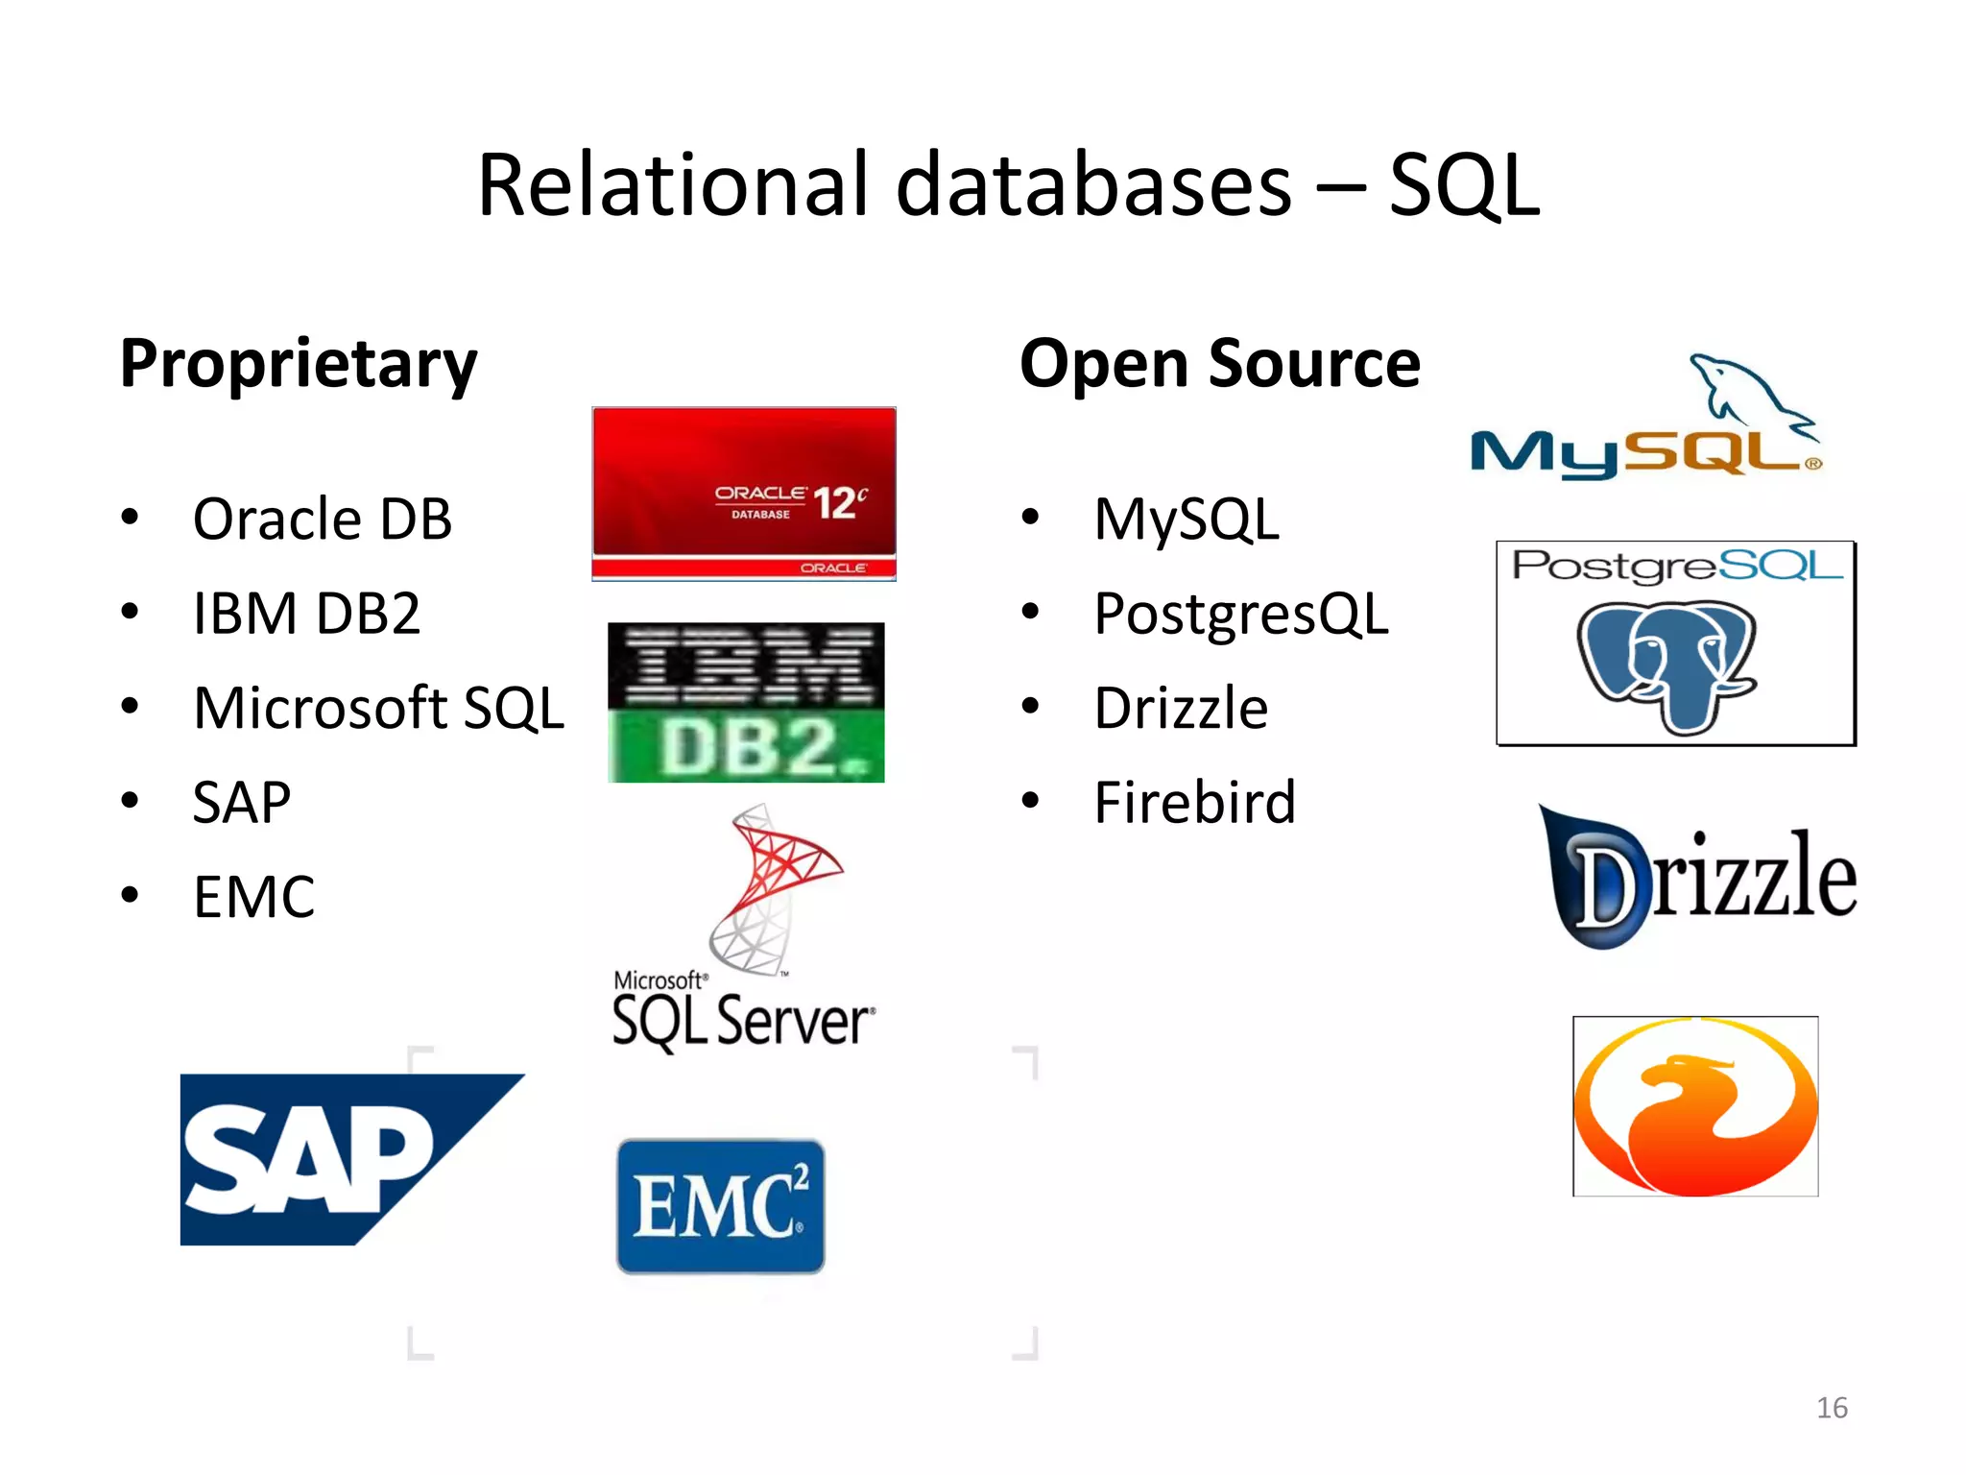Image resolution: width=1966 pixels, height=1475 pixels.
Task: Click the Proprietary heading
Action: [x=298, y=364]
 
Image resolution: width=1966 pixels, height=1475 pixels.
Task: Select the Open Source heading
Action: [x=1219, y=364]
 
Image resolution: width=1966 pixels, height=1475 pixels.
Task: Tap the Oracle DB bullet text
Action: [x=322, y=520]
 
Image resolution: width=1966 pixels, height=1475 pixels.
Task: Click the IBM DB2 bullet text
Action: [x=306, y=614]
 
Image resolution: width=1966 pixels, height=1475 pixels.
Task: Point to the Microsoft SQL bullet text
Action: [x=378, y=709]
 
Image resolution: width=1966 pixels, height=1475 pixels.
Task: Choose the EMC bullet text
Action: [x=253, y=897]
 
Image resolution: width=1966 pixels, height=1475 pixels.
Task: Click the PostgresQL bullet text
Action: [x=1240, y=614]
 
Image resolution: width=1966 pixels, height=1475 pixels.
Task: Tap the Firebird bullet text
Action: [x=1194, y=803]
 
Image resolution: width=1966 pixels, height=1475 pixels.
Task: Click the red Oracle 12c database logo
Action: [x=744, y=494]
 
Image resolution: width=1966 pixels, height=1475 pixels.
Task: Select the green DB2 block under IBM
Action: [x=746, y=746]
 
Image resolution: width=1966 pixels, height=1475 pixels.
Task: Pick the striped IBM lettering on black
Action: [x=746, y=665]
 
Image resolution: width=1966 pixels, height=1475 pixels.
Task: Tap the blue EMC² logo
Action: [x=720, y=1206]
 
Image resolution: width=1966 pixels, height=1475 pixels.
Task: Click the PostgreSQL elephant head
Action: [x=1666, y=664]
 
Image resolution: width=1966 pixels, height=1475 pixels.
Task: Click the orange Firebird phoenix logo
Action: [x=1695, y=1106]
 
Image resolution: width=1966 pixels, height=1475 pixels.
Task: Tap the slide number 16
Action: [x=1832, y=1408]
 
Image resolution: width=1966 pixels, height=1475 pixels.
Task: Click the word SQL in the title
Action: [x=1463, y=185]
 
